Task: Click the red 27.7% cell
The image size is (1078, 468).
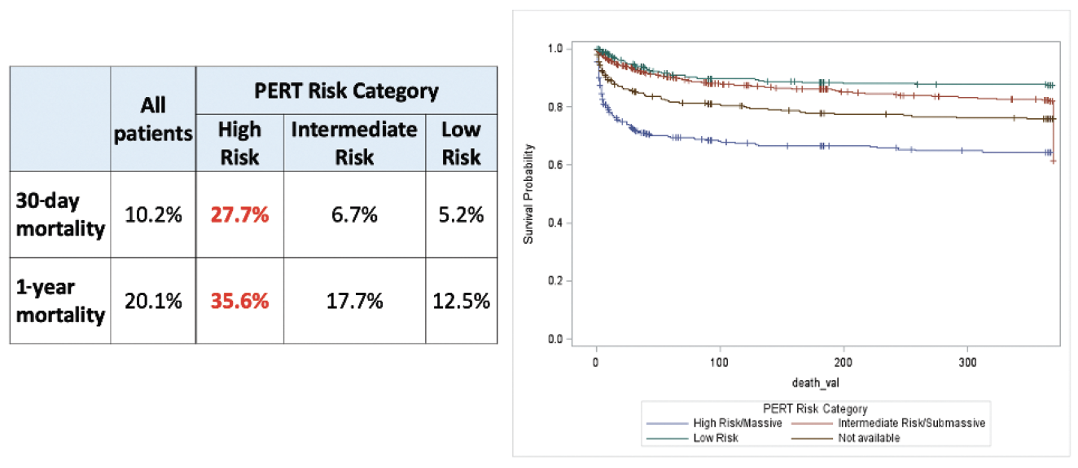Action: click(x=240, y=215)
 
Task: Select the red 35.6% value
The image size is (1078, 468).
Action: click(x=240, y=301)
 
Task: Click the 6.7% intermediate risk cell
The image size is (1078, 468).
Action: click(x=354, y=215)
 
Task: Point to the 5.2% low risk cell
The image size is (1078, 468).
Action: click(x=461, y=215)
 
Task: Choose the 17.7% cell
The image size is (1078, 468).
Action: click(x=354, y=301)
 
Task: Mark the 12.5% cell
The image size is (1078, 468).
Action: click(x=461, y=301)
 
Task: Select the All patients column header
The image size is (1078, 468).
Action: click(x=152, y=119)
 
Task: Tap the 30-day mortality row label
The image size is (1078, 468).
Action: click(x=60, y=215)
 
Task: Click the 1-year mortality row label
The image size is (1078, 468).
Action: click(x=60, y=301)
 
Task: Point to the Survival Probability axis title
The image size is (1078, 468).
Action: click(x=530, y=194)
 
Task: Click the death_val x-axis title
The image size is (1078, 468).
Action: click(x=813, y=381)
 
